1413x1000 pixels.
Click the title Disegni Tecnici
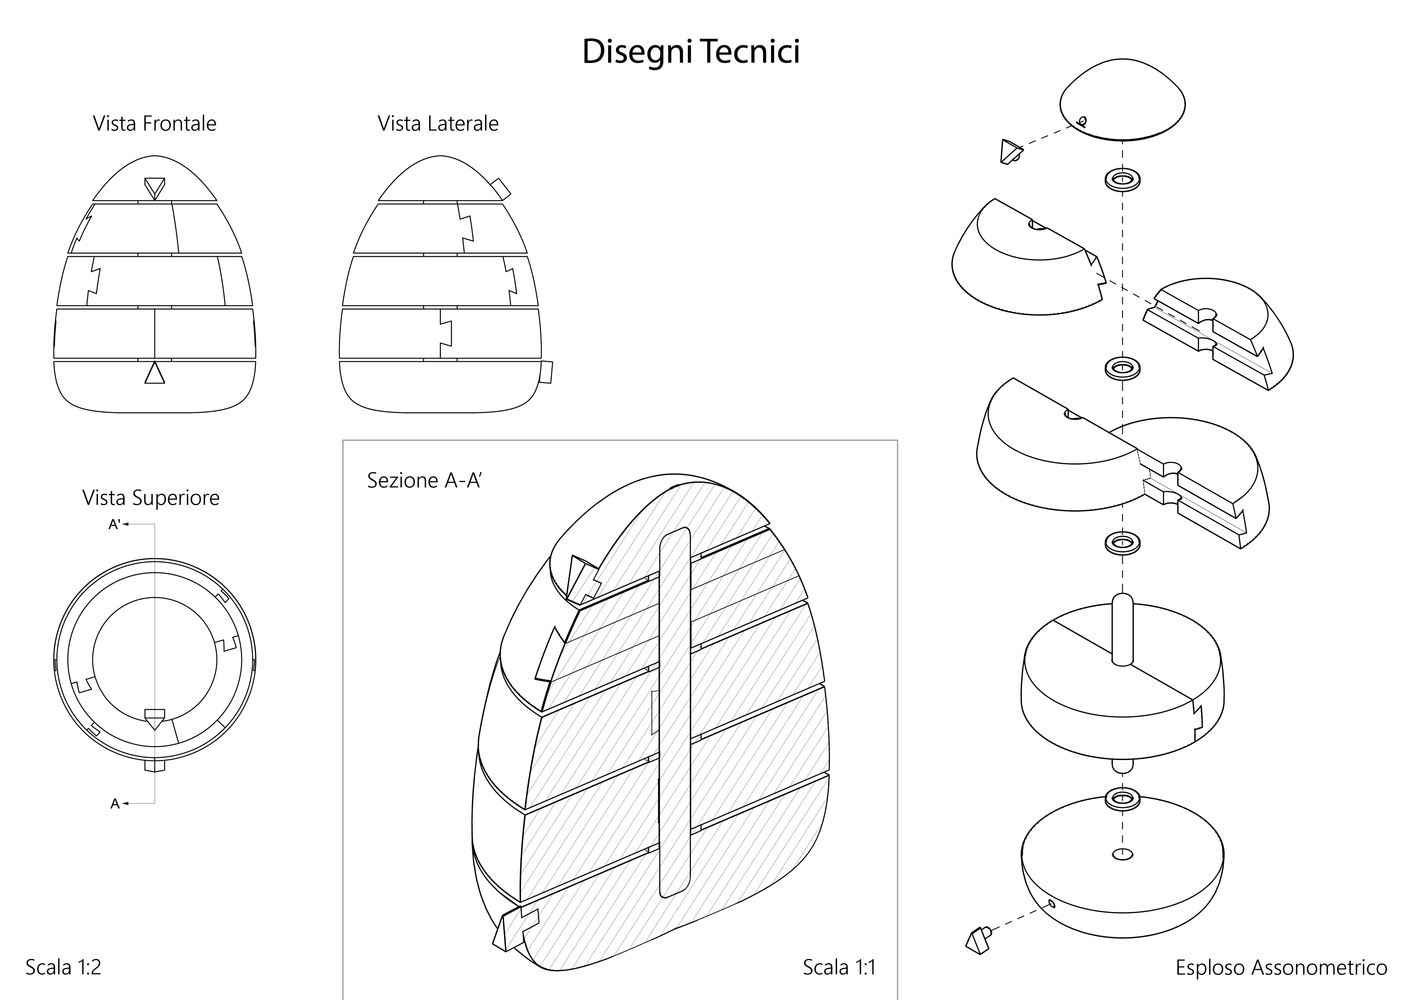click(x=690, y=51)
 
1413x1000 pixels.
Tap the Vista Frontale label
click(x=154, y=124)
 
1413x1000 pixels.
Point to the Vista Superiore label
click(x=151, y=497)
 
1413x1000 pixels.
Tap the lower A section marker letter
click(x=114, y=804)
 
